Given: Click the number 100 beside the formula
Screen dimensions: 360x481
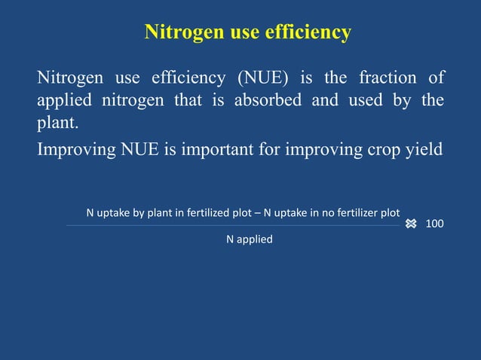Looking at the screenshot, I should (434, 224).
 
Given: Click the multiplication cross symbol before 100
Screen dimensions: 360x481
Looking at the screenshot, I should (411, 224).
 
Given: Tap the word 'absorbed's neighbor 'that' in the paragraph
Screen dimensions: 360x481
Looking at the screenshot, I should (188, 101).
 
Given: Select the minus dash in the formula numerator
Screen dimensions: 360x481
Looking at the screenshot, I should (257, 213).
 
